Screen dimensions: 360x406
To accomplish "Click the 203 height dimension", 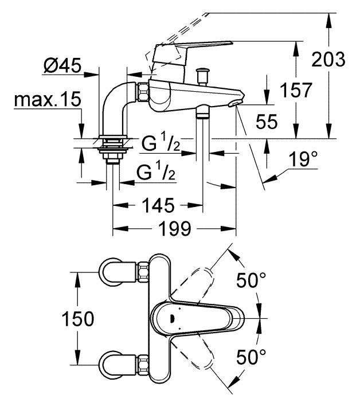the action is [x=328, y=59].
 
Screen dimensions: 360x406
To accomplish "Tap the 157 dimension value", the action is [x=296, y=90].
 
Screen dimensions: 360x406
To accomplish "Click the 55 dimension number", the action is [x=267, y=121].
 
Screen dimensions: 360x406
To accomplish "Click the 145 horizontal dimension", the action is [x=158, y=205].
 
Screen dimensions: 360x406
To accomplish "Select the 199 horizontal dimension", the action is [x=175, y=229].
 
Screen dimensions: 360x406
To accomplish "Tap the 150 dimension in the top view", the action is [x=77, y=319].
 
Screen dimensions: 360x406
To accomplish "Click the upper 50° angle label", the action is [x=251, y=280].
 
